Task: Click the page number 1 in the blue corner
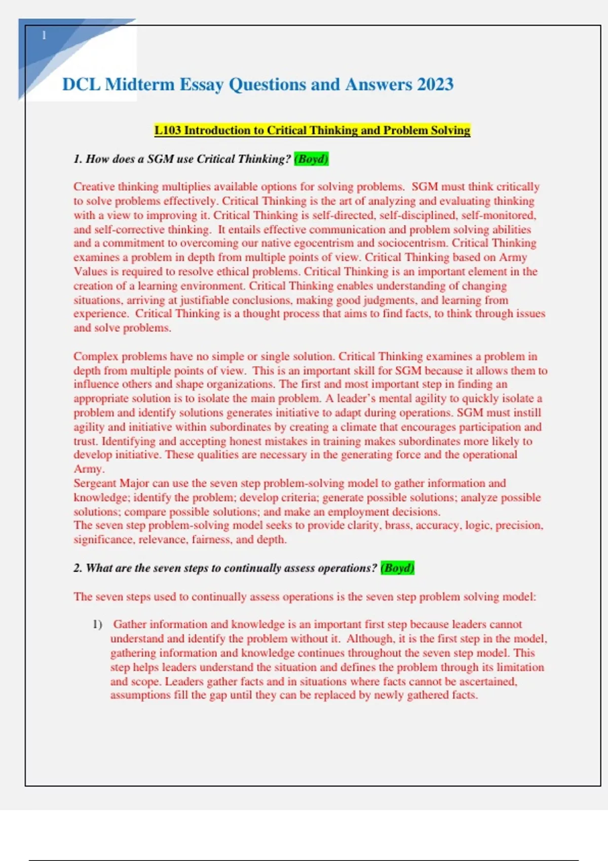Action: coord(44,35)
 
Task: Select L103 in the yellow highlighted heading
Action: coord(168,130)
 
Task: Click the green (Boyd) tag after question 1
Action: coord(311,159)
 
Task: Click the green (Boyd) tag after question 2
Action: coord(398,568)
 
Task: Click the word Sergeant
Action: coord(95,483)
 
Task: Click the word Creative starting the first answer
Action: coord(94,187)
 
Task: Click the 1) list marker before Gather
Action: coord(97,624)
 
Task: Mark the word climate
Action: coord(351,427)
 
